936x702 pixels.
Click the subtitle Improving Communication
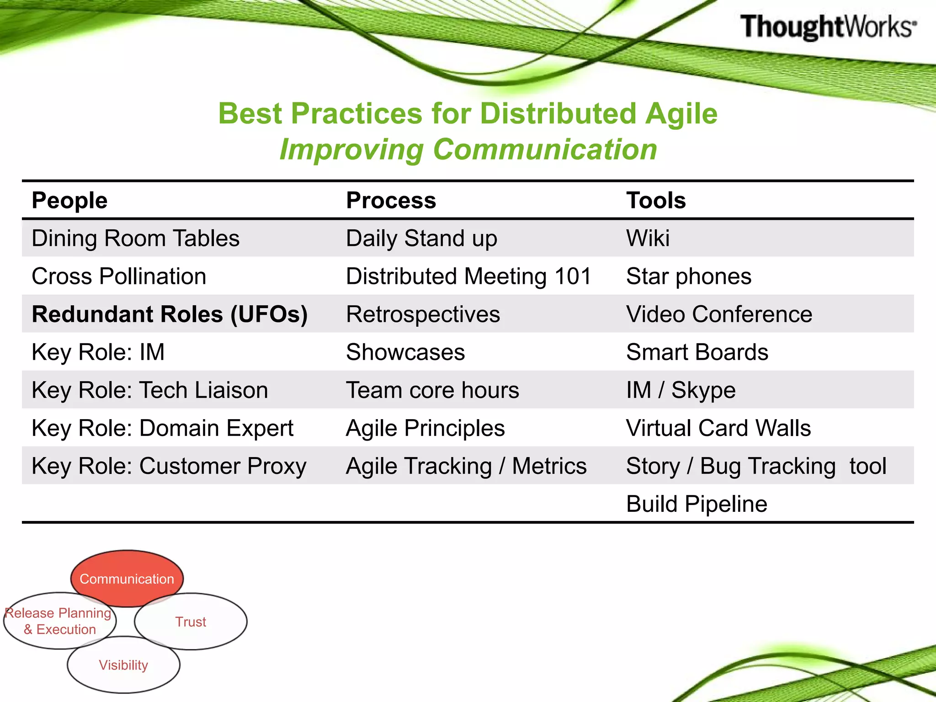point(468,149)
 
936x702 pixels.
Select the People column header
point(69,200)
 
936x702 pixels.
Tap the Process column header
point(391,200)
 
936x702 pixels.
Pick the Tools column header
point(656,200)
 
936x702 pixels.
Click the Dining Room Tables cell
point(135,238)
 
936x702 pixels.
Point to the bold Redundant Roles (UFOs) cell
point(170,314)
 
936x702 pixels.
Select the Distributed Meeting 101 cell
point(468,276)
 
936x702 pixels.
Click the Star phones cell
point(688,276)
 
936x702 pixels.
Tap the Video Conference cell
point(719,314)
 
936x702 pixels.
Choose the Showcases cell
point(405,352)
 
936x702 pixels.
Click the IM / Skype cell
point(681,390)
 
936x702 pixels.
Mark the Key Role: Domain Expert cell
point(162,428)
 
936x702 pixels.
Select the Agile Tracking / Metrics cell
point(466,466)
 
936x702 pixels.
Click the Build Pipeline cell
point(697,504)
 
